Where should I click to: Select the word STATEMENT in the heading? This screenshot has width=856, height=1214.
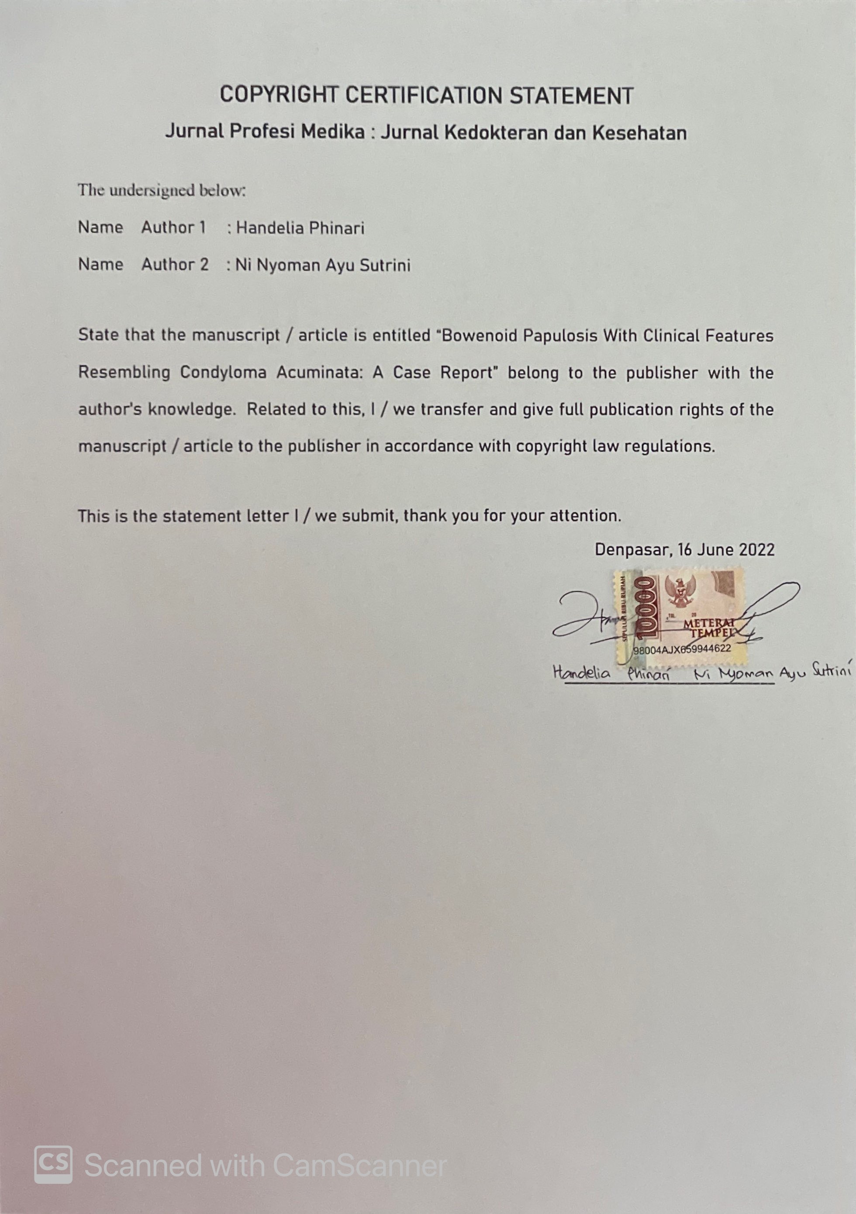click(x=571, y=96)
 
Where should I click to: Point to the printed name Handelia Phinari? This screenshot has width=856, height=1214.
click(x=300, y=228)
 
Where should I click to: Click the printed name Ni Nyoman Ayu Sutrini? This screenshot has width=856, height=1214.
click(x=322, y=265)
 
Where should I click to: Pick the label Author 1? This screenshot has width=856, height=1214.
click(x=173, y=228)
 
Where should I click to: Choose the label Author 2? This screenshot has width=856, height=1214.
click(x=175, y=264)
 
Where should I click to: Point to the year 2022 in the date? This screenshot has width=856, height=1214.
click(x=756, y=550)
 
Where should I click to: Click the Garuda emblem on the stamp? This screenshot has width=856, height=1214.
click(x=680, y=592)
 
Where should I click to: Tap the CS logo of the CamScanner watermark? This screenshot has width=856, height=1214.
click(x=53, y=1164)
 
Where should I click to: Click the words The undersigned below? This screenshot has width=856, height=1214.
click(x=162, y=190)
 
